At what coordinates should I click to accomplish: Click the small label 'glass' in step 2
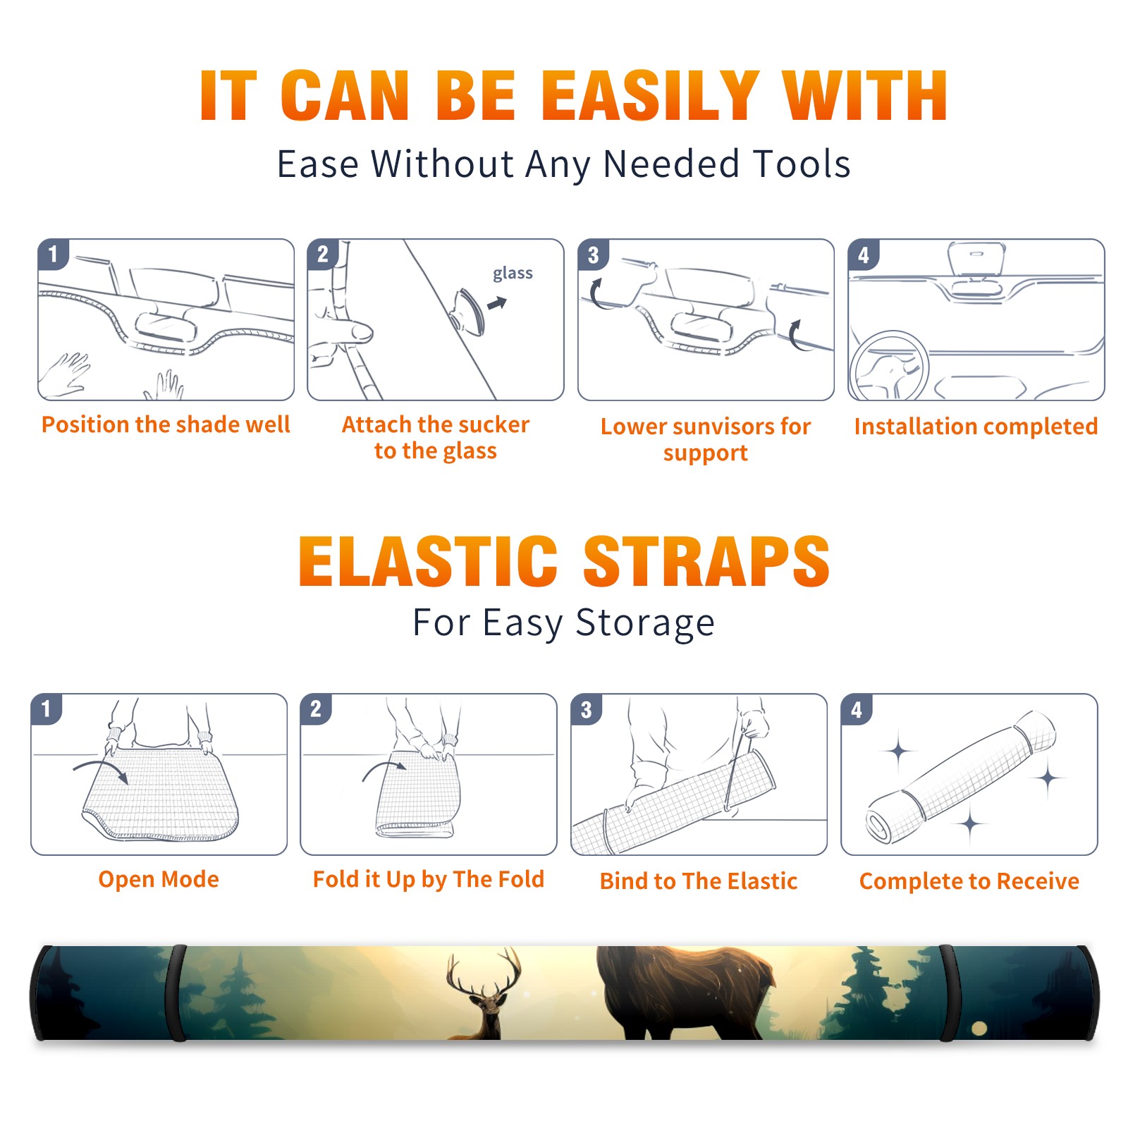click(513, 274)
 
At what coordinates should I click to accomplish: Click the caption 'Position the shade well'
click(166, 424)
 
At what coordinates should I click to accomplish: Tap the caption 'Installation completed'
click(976, 427)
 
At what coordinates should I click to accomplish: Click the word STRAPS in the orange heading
click(706, 561)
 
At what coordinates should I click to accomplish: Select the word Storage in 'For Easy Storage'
click(645, 623)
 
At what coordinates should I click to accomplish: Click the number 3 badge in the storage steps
click(586, 710)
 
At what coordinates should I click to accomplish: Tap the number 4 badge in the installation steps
click(864, 255)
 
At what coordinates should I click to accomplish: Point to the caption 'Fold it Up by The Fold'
click(429, 880)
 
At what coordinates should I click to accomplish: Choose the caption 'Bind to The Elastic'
click(699, 881)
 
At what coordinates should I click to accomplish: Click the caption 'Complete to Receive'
click(969, 881)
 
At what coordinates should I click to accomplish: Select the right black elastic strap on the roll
click(948, 993)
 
